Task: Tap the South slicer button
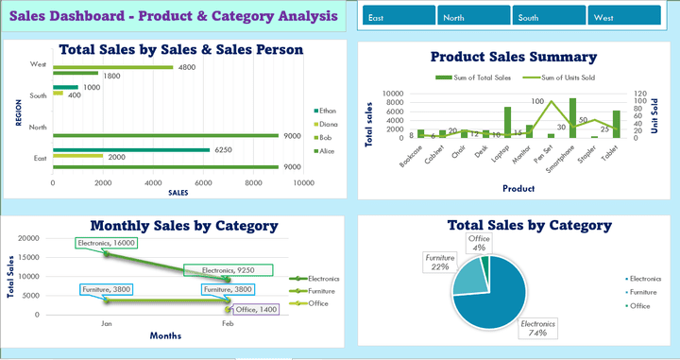coord(548,17)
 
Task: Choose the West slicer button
coord(623,17)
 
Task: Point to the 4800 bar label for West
coord(187,67)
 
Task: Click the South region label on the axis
coord(39,95)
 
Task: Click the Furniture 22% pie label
coord(439,262)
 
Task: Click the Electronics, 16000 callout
coord(108,243)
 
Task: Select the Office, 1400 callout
coord(255,309)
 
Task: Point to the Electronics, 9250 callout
coord(228,270)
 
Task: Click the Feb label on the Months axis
coord(228,323)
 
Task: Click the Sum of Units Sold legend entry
coord(563,77)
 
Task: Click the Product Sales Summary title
coord(513,57)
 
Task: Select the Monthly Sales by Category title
coord(183,226)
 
